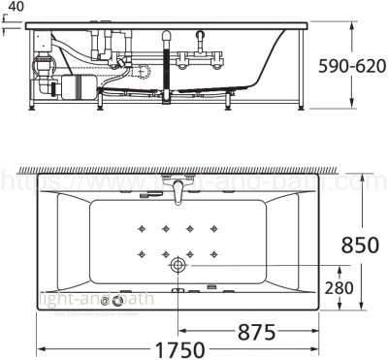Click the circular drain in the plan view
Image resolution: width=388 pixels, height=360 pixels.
(x=179, y=265)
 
